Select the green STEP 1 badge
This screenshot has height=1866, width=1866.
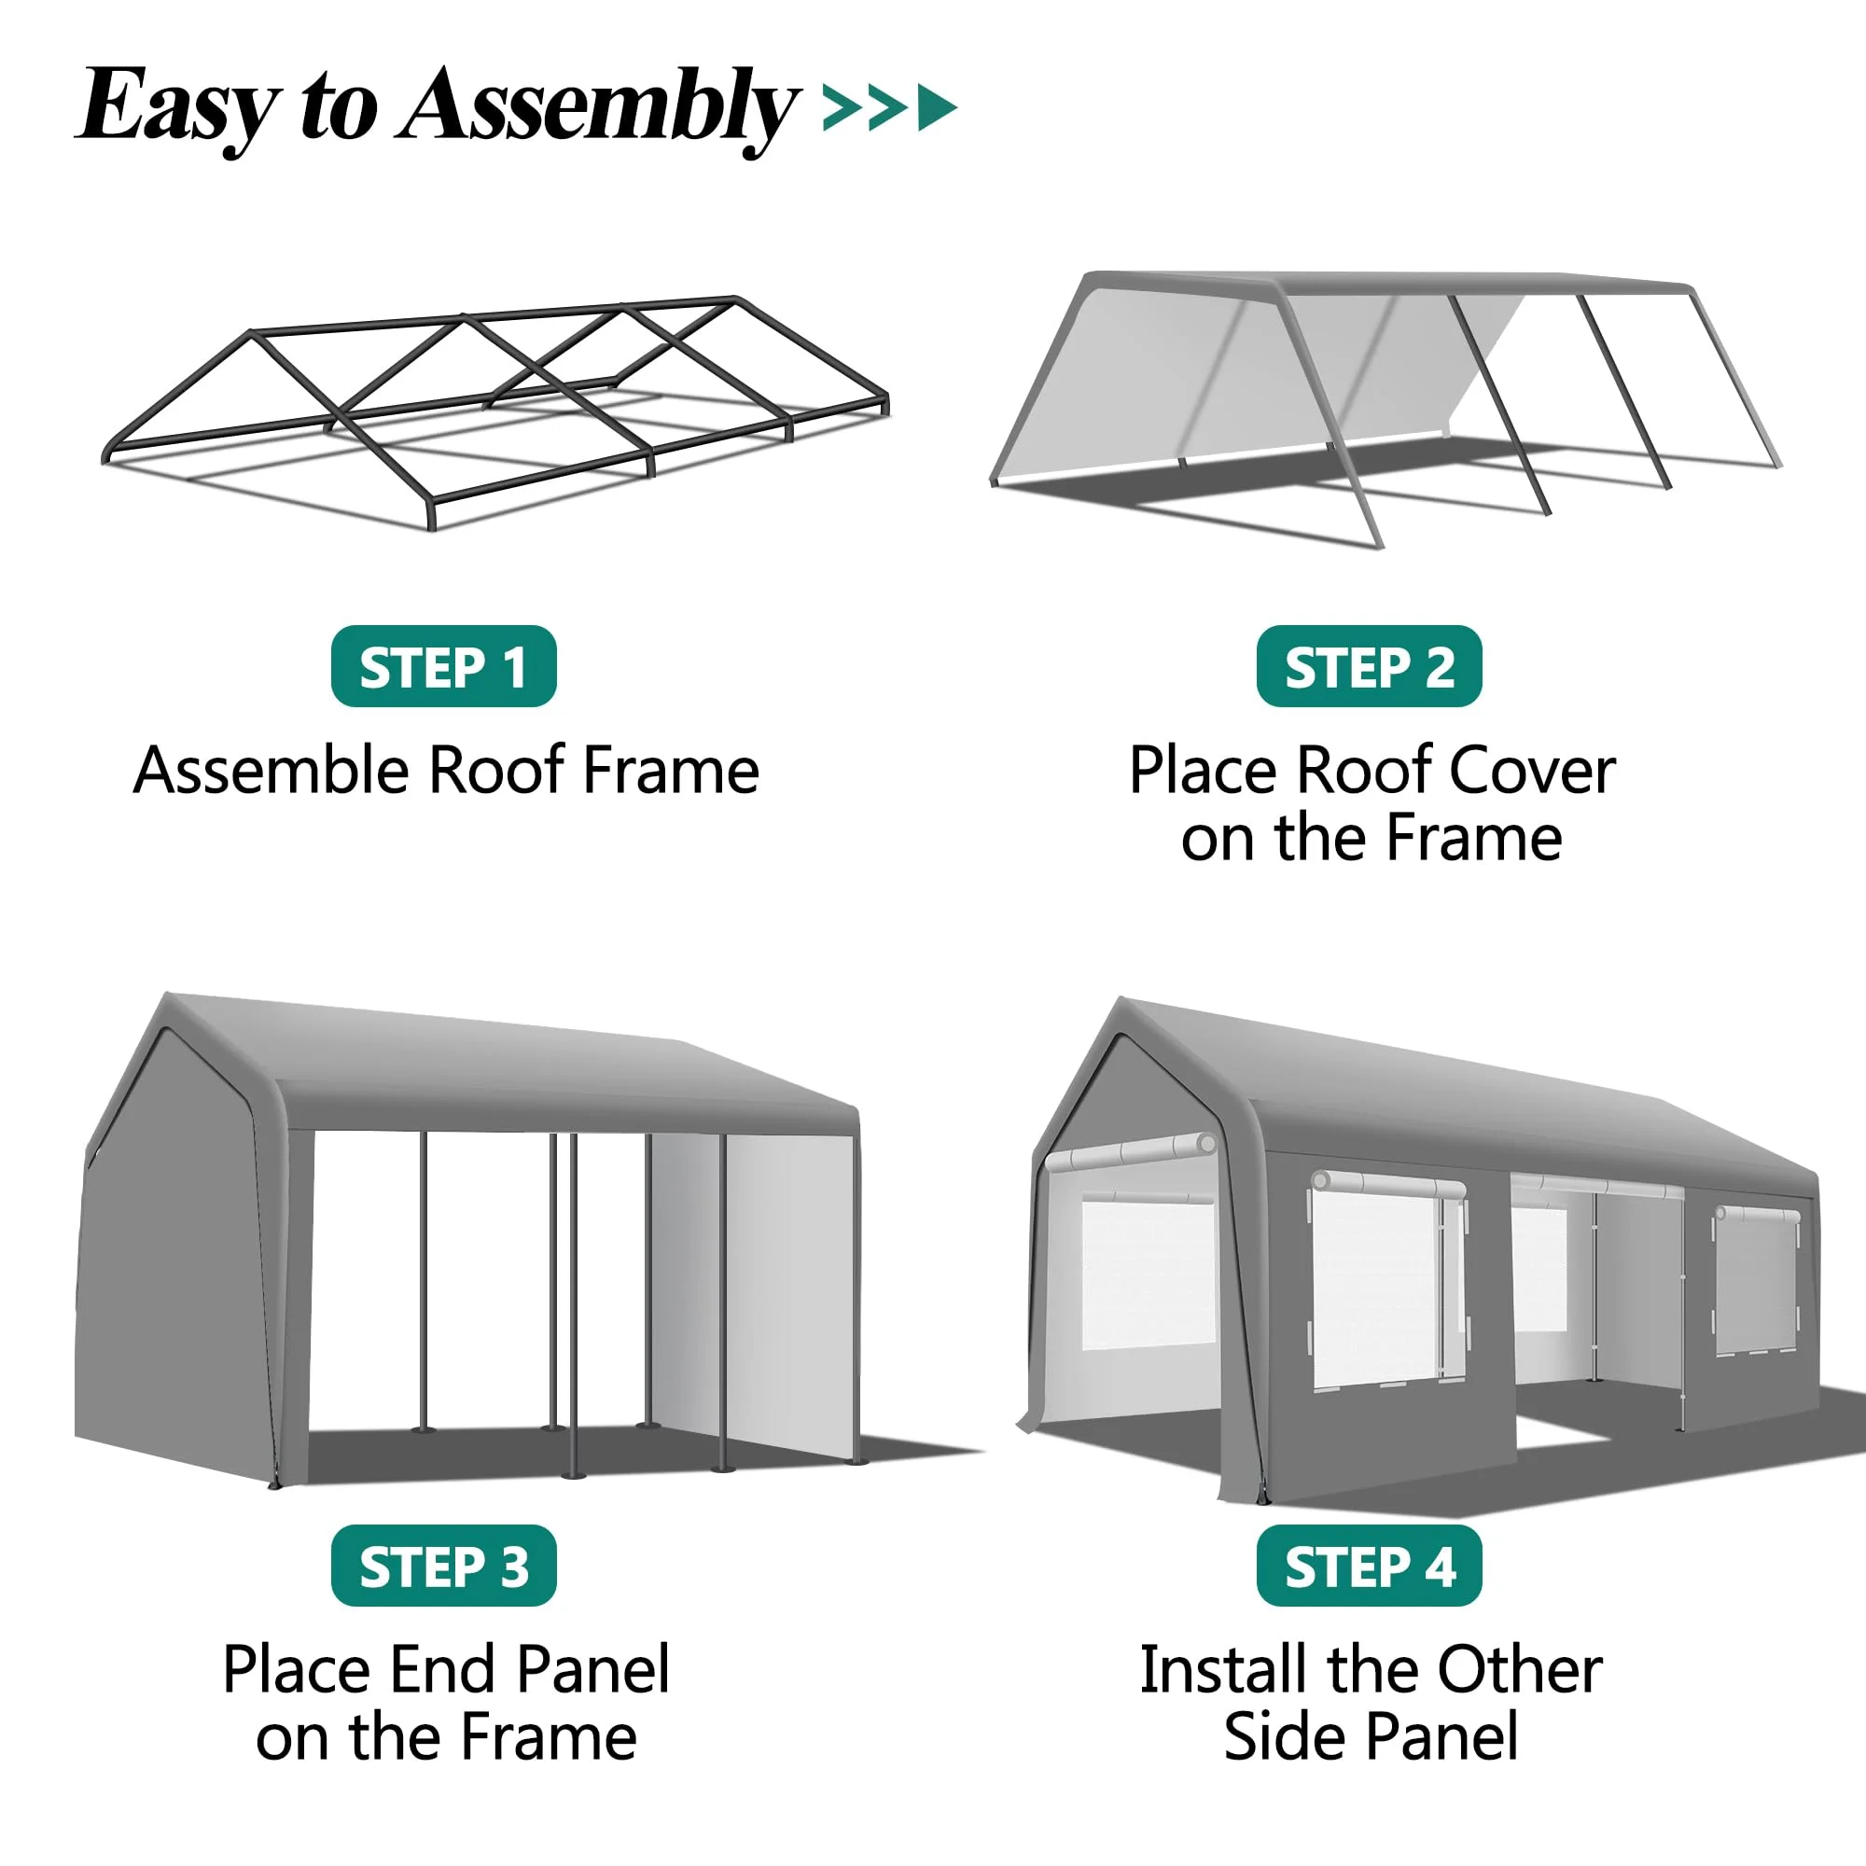pyautogui.click(x=443, y=666)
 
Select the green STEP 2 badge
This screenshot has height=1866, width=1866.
pyautogui.click(x=1369, y=666)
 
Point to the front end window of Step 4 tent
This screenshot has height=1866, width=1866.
pyautogui.click(x=1148, y=1273)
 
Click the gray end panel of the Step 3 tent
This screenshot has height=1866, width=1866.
pyautogui.click(x=174, y=1256)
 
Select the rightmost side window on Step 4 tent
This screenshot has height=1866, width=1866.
pyautogui.click(x=1756, y=1281)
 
